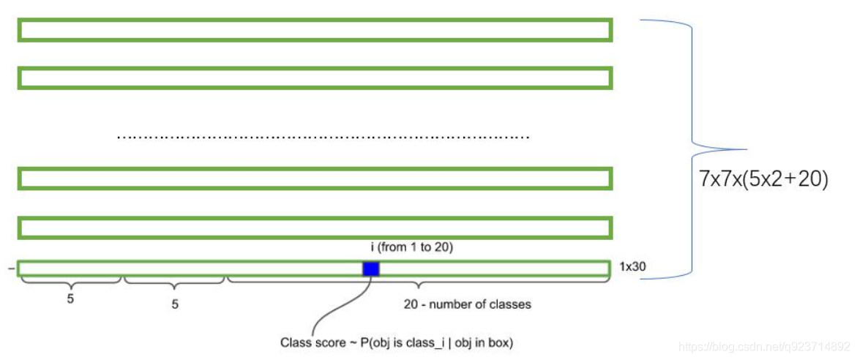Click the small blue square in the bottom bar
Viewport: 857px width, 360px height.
(x=371, y=269)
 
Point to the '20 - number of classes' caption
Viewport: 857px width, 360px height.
(x=467, y=304)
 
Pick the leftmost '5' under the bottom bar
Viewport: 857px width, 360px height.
(x=71, y=299)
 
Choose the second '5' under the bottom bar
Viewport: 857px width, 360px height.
(x=175, y=304)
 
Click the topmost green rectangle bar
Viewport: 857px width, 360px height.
(x=315, y=30)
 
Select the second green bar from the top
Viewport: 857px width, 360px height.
(x=315, y=78)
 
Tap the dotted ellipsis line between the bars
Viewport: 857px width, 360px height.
(x=323, y=137)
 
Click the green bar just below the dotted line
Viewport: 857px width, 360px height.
(x=315, y=179)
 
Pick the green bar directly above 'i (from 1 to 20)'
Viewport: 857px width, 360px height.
(x=315, y=228)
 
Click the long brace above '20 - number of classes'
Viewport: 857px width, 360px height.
(x=418, y=282)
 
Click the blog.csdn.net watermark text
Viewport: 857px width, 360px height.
(x=765, y=345)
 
